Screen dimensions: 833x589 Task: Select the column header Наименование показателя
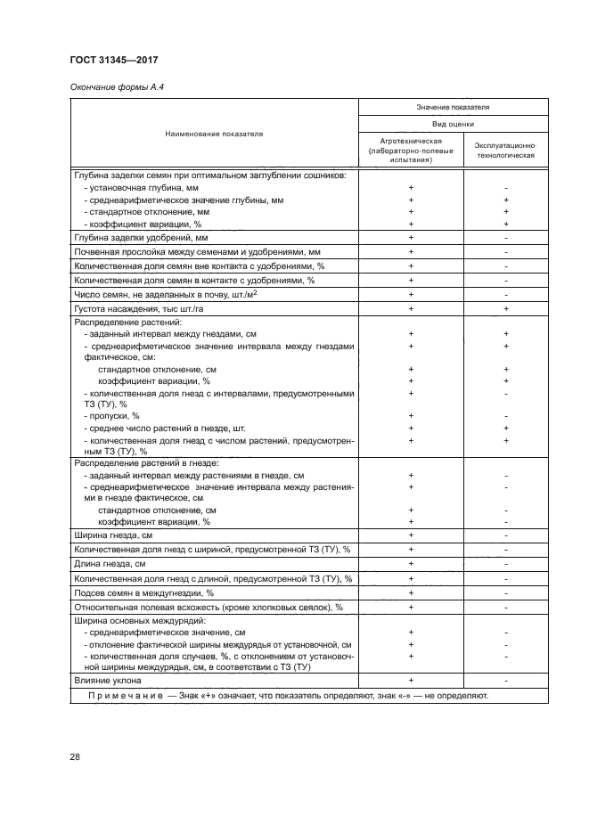point(214,134)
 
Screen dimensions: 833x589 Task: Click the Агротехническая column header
point(411,148)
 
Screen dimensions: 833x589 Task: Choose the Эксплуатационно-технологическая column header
point(505,148)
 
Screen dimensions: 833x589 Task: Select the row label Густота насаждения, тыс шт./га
point(143,307)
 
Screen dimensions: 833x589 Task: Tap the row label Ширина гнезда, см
point(114,535)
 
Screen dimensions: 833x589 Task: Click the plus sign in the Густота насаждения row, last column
point(505,307)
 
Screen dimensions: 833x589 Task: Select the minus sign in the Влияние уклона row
point(505,680)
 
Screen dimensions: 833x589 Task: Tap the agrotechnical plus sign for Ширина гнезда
point(411,535)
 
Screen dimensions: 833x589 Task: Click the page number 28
point(75,756)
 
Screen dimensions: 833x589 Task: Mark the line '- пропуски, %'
point(110,415)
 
